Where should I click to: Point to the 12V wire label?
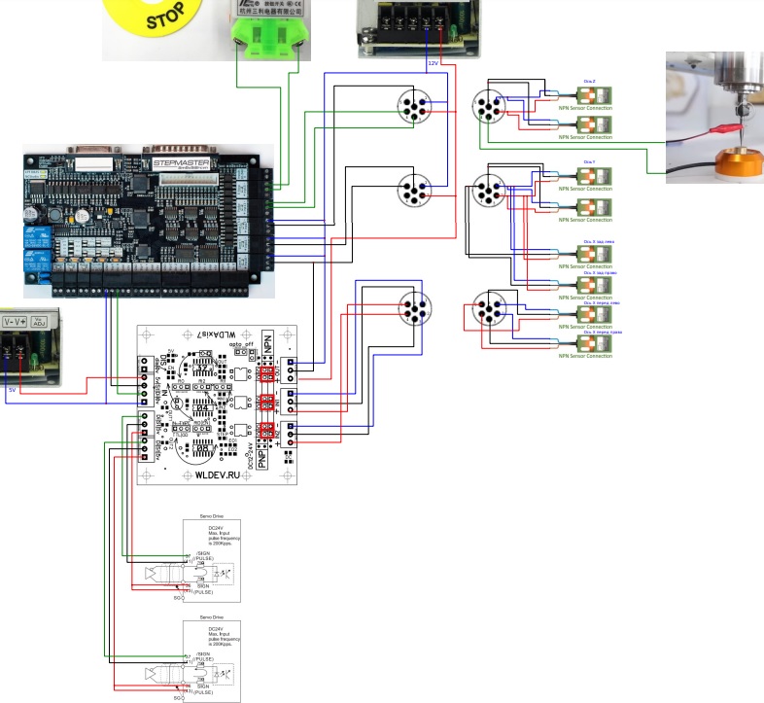pos(434,63)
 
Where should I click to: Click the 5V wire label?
pos(12,390)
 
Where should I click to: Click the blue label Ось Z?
pos(589,85)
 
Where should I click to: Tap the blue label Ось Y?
pos(589,161)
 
